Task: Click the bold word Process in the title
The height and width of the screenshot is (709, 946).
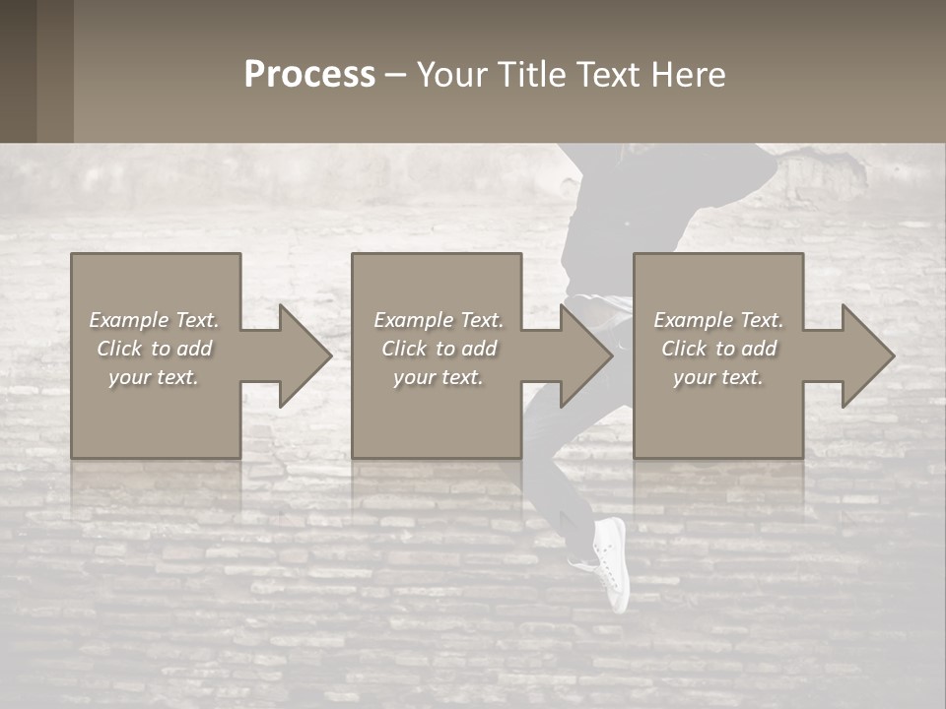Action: pyautogui.click(x=309, y=75)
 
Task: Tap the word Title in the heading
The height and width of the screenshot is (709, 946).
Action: pyautogui.click(x=527, y=75)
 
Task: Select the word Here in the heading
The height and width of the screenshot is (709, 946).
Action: pyautogui.click(x=687, y=75)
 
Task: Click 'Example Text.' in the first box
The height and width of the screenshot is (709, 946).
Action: pyautogui.click(x=154, y=320)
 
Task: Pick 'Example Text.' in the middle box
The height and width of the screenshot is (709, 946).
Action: pyautogui.click(x=439, y=320)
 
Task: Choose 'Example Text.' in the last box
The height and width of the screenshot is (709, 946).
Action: pyautogui.click(x=718, y=320)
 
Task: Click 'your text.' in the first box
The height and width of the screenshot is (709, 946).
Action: pyautogui.click(x=154, y=377)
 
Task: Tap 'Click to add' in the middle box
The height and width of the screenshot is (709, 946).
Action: pyautogui.click(x=439, y=349)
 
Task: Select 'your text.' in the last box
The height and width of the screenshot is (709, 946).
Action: pyautogui.click(x=718, y=377)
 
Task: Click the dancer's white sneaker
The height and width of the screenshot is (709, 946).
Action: pyautogui.click(x=610, y=561)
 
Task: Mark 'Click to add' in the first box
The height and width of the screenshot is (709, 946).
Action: pyautogui.click(x=154, y=349)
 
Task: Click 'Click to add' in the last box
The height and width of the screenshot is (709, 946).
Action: pyautogui.click(x=718, y=349)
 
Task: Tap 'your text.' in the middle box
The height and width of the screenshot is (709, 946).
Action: pyautogui.click(x=439, y=377)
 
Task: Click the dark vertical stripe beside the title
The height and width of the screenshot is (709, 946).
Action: pyautogui.click(x=54, y=71)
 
